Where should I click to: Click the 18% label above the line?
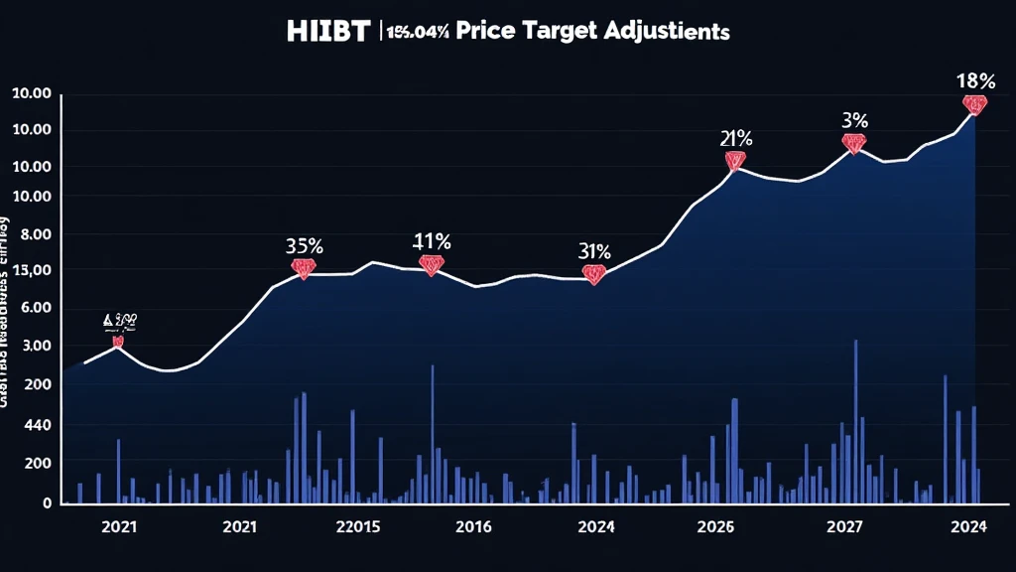974,81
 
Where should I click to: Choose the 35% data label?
303,245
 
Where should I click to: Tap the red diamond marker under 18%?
974,104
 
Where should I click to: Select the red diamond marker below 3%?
853,143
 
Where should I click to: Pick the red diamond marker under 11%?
431,265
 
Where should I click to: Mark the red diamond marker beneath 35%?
303,268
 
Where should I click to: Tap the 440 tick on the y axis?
36,425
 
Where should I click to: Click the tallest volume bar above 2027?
855,421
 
